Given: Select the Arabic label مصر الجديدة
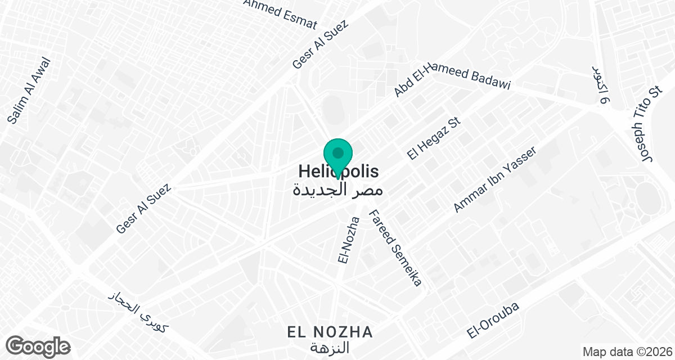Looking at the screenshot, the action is (337, 189).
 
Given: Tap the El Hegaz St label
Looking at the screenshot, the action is (435, 138).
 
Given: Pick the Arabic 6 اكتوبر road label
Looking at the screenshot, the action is (601, 84).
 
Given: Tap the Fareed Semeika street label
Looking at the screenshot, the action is (395, 248).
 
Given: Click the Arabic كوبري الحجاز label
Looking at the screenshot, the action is (138, 311).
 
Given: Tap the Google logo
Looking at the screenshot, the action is (38, 345).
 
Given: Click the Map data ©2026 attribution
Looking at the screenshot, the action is (627, 352).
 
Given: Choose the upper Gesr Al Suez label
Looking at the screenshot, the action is (321, 45).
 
